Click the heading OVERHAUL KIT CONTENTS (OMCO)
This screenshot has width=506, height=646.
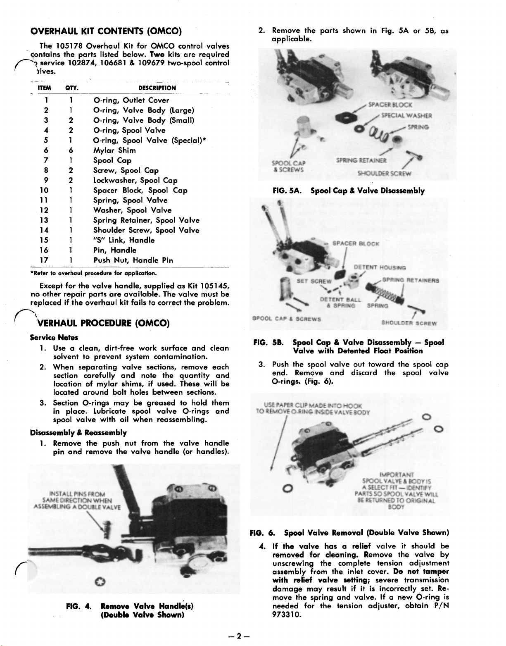point(107,31)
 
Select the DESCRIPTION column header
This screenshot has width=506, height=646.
point(157,88)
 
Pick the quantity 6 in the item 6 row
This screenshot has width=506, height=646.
point(71,150)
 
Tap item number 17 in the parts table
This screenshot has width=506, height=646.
point(46,260)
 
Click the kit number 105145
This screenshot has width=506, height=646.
point(215,286)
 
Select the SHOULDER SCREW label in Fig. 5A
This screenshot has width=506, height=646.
point(384,174)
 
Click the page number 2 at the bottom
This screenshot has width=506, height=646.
point(239,636)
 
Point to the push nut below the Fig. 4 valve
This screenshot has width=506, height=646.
point(98,582)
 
